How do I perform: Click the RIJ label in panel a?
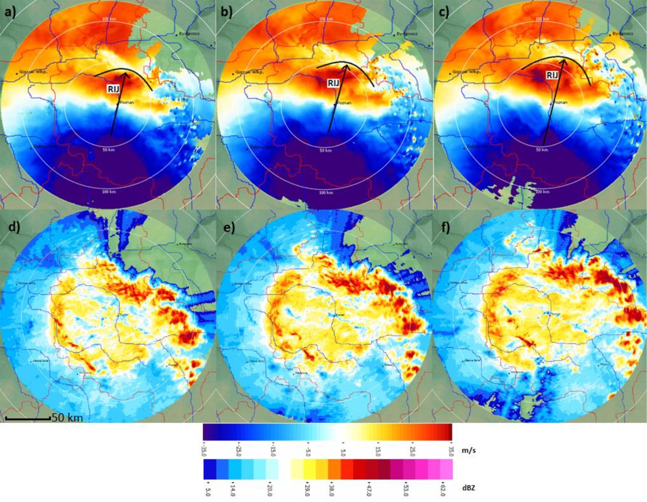[114, 87]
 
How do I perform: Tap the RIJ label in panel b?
[333, 83]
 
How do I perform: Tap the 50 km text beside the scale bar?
[67, 418]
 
